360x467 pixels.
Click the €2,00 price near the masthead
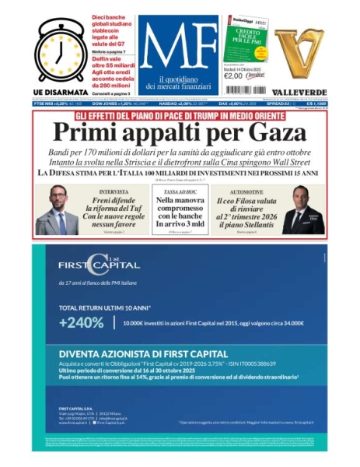(x=234, y=75)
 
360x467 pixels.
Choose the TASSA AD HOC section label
(x=180, y=191)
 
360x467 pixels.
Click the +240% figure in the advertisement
(x=81, y=322)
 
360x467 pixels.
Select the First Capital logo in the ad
(x=88, y=265)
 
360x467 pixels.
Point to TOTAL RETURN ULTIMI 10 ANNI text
(x=105, y=307)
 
